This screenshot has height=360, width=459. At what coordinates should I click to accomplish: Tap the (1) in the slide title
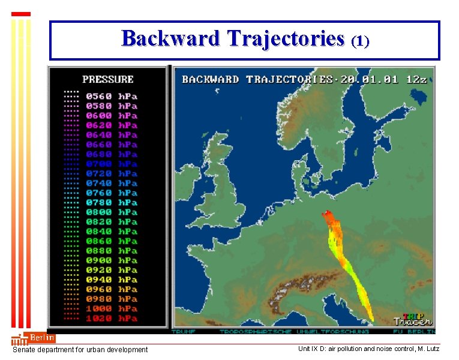pyautogui.click(x=360, y=41)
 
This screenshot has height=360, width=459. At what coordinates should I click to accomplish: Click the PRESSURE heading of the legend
pyautogui.click(x=108, y=79)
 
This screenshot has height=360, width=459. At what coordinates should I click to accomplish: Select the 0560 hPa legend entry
pyautogui.click(x=111, y=96)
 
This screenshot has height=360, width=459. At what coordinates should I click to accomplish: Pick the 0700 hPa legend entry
pyautogui.click(x=111, y=164)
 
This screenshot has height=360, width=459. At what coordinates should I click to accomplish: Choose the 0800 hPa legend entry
pyautogui.click(x=111, y=212)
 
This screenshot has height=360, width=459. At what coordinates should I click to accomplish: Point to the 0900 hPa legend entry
pyautogui.click(x=111, y=260)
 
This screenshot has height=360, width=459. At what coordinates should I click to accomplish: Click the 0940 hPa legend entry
pyautogui.click(x=111, y=280)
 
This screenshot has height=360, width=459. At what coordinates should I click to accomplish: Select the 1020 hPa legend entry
pyautogui.click(x=111, y=318)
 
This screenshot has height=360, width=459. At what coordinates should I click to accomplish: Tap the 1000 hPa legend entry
pyautogui.click(x=111, y=308)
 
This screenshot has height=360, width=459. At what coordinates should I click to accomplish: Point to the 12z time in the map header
pyautogui.click(x=416, y=79)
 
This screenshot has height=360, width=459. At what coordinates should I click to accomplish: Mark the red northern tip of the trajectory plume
pyautogui.click(x=326, y=214)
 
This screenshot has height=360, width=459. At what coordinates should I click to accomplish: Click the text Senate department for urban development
pyautogui.click(x=80, y=350)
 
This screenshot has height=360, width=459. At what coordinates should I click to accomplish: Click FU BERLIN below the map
pyautogui.click(x=413, y=331)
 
